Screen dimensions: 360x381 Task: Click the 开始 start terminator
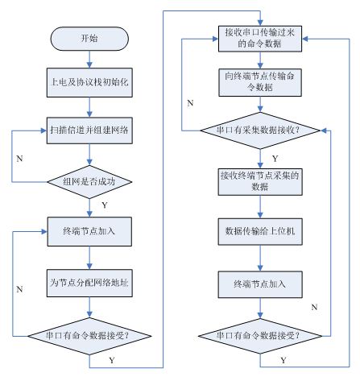[x=89, y=39]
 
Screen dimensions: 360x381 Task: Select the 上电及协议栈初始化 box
[x=89, y=82]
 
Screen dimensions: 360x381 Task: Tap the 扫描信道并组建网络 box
[x=89, y=130]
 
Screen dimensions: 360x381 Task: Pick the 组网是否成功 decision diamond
[x=89, y=182]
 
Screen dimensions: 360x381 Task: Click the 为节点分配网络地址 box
[x=89, y=283]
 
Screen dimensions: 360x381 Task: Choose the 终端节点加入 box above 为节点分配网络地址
[x=89, y=231]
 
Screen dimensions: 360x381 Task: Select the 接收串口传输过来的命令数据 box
[x=260, y=39]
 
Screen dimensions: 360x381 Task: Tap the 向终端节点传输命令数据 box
[x=260, y=82]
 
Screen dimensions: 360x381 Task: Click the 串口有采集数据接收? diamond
[x=260, y=130]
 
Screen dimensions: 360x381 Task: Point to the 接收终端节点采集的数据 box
[x=260, y=182]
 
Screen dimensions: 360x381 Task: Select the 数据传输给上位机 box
[x=260, y=231]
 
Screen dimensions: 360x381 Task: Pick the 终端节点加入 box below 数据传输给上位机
[x=260, y=284]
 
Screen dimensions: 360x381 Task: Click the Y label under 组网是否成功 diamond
[x=105, y=205]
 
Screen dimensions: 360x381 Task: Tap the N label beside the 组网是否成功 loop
[x=19, y=159]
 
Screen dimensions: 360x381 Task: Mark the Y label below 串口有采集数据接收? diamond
[x=275, y=159]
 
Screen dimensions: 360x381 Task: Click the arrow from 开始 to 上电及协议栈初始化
[x=89, y=59]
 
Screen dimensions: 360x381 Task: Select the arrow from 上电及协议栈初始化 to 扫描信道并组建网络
[x=89, y=107]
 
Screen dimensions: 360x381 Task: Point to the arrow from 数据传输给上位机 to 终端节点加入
[x=260, y=258]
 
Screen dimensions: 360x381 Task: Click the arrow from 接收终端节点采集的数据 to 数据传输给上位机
[x=260, y=207]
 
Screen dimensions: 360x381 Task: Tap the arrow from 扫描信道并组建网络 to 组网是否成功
[x=89, y=155]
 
